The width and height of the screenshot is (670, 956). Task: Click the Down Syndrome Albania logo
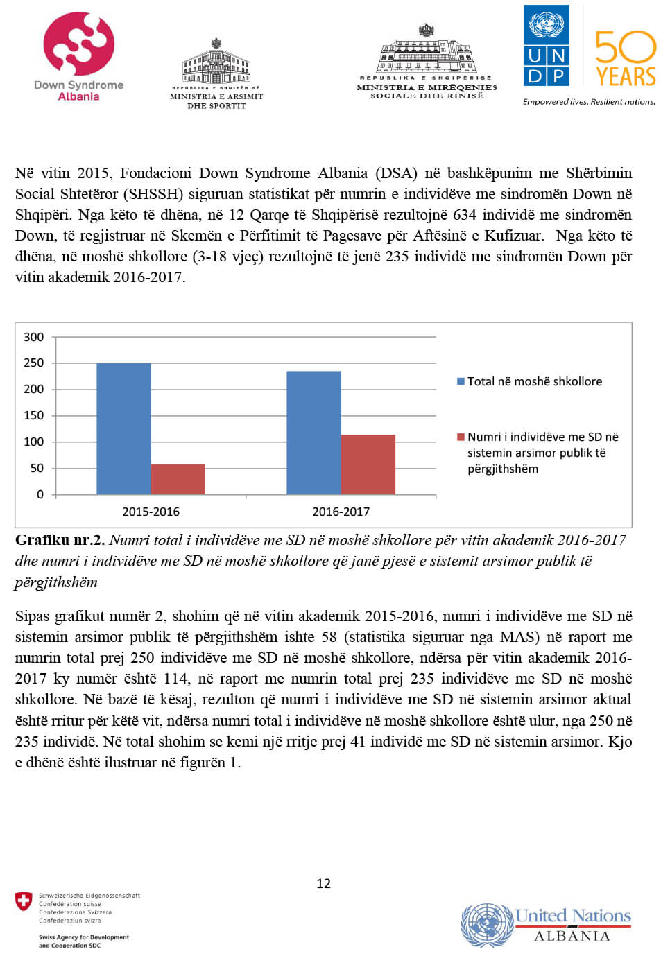78,55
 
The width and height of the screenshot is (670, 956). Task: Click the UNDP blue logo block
547,46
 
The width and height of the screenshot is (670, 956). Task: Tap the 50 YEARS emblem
625,58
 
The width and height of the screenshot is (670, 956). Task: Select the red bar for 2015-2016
178,479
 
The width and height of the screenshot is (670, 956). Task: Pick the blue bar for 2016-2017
313,433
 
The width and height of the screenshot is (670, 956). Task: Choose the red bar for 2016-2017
368,464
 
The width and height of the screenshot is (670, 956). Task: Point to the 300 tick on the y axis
33,337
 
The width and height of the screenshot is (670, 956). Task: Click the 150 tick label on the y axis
33,415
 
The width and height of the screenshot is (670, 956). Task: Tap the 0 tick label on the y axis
40,494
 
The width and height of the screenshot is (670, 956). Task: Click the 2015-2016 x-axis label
151,512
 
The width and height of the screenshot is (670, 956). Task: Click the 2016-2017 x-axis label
341,512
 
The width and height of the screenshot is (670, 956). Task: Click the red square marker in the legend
461,437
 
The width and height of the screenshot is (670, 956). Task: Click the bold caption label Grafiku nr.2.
60,540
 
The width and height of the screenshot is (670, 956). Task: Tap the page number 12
323,883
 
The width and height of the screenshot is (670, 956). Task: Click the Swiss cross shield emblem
24,901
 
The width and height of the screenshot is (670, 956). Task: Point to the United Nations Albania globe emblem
486,924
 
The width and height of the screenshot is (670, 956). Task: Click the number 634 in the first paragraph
465,215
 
